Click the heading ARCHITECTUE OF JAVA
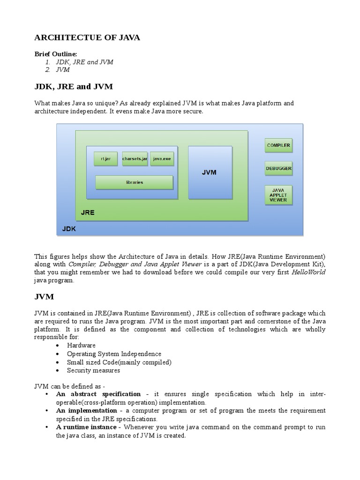87,37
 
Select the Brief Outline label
54,54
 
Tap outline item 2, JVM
63,70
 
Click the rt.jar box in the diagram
105,159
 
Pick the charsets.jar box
135,159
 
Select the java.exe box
162,159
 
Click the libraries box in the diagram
134,182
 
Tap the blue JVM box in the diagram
210,172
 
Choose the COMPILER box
278,145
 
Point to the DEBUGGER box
278,168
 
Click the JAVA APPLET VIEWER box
278,195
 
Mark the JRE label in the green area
87,212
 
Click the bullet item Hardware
81,345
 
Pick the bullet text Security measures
93,370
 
